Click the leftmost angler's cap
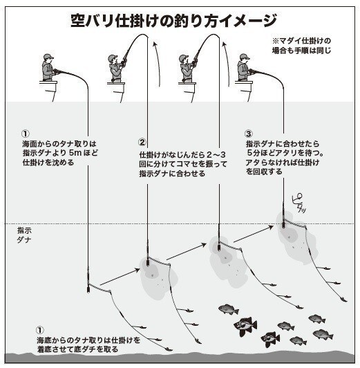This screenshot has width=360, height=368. pos(47,57)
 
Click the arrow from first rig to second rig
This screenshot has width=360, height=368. pos(117,275)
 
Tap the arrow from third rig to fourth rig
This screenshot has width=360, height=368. pos(250,235)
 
